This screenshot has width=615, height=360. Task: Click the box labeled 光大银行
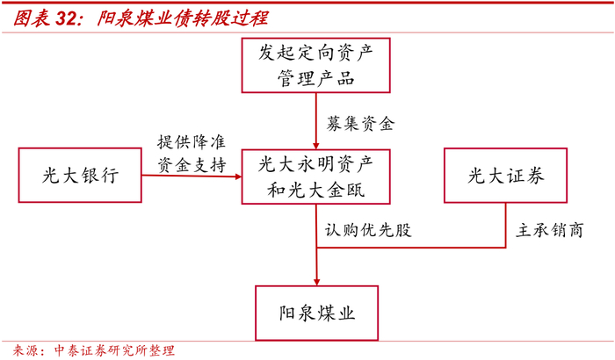click(79, 176)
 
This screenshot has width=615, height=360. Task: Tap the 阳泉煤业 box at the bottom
click(316, 313)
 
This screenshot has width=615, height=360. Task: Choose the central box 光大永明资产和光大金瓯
click(316, 176)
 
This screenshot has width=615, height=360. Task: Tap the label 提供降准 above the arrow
click(192, 142)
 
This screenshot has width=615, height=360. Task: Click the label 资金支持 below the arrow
click(192, 164)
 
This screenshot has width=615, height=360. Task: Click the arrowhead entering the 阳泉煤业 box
click(316, 279)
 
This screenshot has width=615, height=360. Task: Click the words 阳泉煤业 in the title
click(139, 18)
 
